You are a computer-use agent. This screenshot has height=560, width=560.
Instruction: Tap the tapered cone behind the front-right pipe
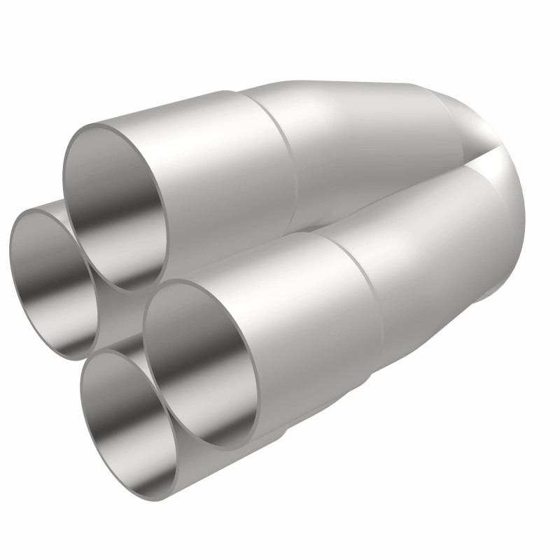click(434, 238)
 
